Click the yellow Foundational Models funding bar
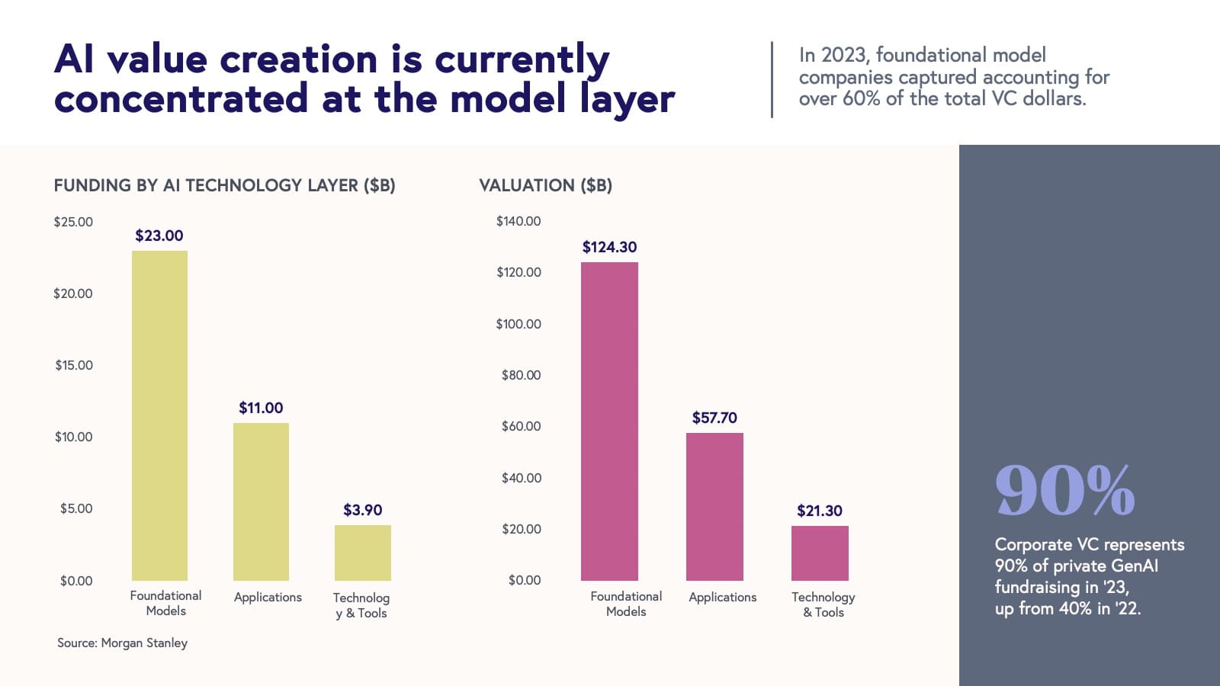click(x=159, y=415)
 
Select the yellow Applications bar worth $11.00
click(x=261, y=502)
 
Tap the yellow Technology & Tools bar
click(x=363, y=553)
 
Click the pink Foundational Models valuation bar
click(x=609, y=422)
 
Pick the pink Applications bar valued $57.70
click(x=714, y=507)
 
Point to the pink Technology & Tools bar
click(x=820, y=553)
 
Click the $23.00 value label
click(x=159, y=236)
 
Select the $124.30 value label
click(x=609, y=247)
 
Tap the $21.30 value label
click(x=820, y=511)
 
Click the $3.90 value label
click(x=363, y=510)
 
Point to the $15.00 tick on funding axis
click(x=74, y=365)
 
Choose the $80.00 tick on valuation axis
click(x=521, y=375)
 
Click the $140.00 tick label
click(x=518, y=221)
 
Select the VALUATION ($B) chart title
click(x=545, y=185)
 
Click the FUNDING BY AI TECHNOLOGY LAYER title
click(x=224, y=185)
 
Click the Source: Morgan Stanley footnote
click(x=122, y=643)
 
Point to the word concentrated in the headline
click(x=181, y=99)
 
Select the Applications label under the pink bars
click(x=722, y=597)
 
